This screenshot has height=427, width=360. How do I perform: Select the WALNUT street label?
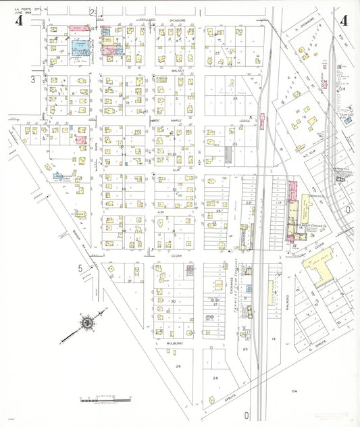(178, 70)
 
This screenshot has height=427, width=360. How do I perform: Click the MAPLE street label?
(176, 120)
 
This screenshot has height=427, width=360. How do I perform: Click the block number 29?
(178, 366)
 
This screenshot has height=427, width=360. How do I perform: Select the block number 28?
(216, 378)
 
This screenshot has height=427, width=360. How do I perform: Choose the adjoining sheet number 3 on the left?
(31, 79)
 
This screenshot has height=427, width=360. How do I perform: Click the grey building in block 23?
(228, 155)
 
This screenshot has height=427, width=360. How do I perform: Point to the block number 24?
(235, 99)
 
